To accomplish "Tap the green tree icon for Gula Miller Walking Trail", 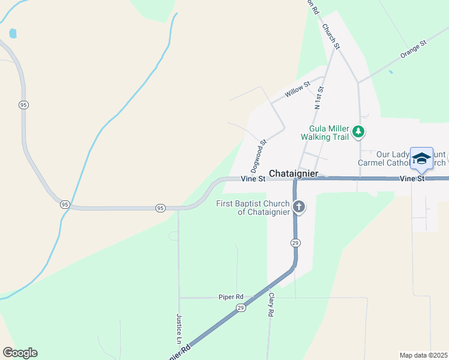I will pyautogui.click(x=358, y=131).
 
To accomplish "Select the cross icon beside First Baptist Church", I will pyautogui.click(x=298, y=208).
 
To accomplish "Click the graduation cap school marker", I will pyautogui.click(x=421, y=158).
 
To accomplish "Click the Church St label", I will pyautogui.click(x=331, y=36).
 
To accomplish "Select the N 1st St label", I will pyautogui.click(x=319, y=98).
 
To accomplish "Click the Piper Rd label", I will pyautogui.click(x=231, y=297).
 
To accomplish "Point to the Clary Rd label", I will pyautogui.click(x=271, y=305).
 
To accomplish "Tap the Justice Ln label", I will pyautogui.click(x=179, y=328).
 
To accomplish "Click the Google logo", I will pyautogui.click(x=20, y=353).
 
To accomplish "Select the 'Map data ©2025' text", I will pyautogui.click(x=423, y=355).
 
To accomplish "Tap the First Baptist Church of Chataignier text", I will pyautogui.click(x=253, y=208).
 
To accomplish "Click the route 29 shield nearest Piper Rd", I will pyautogui.click(x=241, y=308).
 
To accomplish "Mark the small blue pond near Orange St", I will pyautogui.click(x=391, y=72).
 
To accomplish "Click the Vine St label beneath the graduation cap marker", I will pyautogui.click(x=412, y=179).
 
